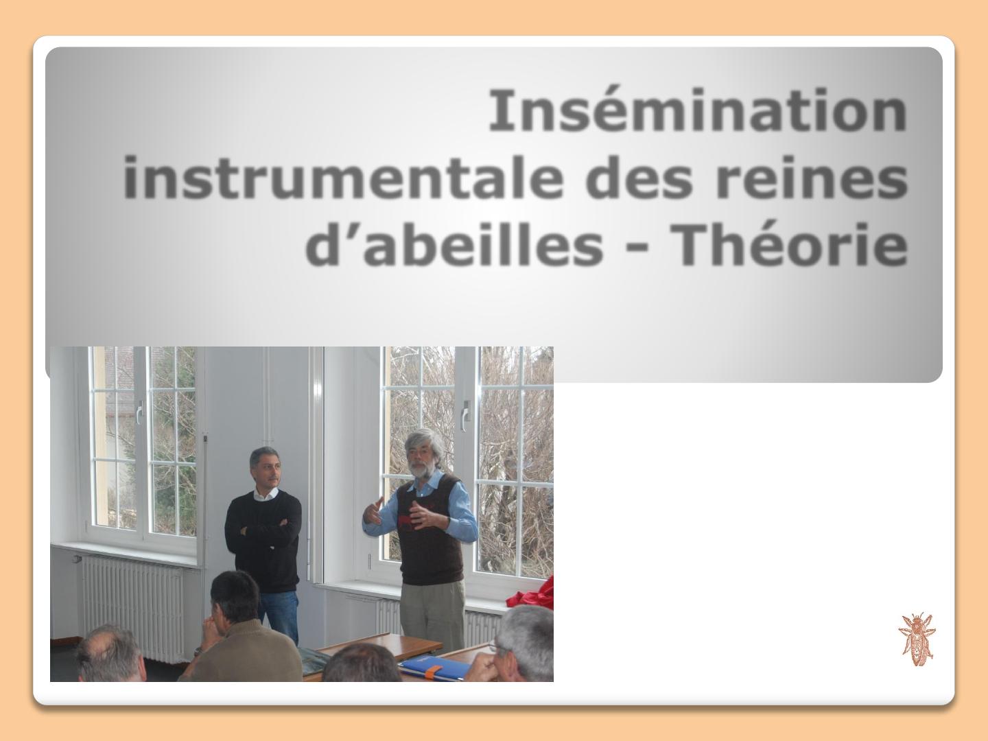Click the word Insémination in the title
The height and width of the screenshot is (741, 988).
(698, 110)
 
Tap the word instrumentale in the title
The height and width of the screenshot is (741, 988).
(344, 177)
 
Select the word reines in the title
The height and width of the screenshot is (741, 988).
(812, 177)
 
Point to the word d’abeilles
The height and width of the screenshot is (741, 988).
(454, 245)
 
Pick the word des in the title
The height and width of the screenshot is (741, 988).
(639, 177)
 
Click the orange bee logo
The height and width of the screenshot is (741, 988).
(917, 638)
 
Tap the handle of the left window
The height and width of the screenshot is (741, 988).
(139, 412)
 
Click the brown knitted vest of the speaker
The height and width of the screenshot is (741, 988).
(431, 535)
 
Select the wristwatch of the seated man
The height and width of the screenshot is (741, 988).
(198, 651)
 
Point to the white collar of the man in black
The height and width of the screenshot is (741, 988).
(266, 493)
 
